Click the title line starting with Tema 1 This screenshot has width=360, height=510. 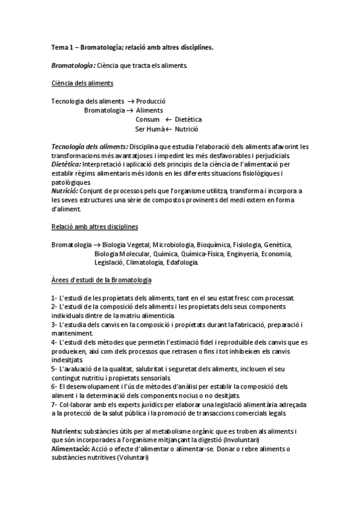pos(132,46)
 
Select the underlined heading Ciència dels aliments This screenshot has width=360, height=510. pos(82,83)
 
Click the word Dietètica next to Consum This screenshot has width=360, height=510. pos(184,120)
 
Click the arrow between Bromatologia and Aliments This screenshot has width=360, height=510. pos(130,111)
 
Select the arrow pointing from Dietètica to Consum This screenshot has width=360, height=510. pos(160,120)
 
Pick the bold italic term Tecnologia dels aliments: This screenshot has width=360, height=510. pos(90,146)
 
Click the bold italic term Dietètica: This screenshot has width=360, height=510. pos(66,164)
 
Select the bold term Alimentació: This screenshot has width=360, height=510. pos(70,449)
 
